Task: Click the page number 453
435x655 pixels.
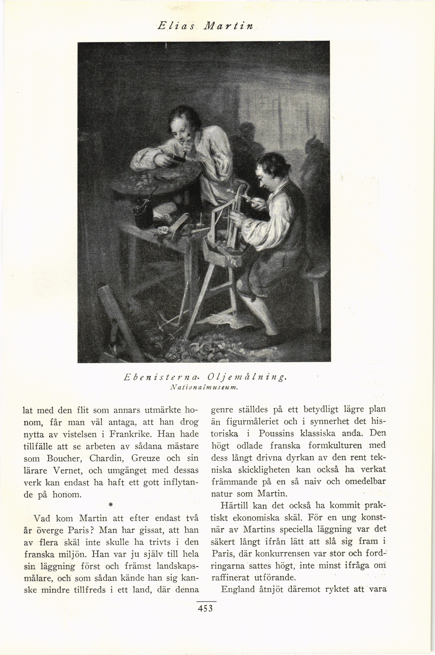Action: (205, 609)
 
